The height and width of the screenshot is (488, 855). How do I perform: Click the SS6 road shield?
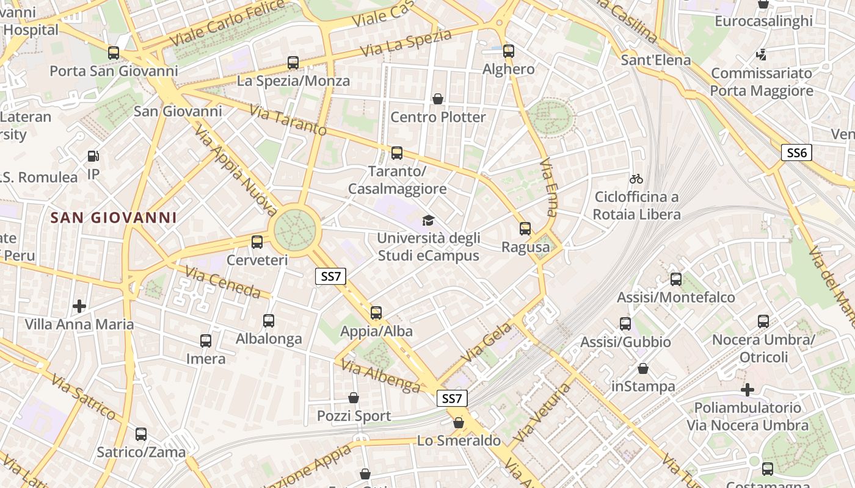(x=797, y=152)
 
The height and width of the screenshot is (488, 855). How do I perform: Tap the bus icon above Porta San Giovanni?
(x=114, y=53)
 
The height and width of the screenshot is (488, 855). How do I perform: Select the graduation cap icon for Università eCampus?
(x=428, y=220)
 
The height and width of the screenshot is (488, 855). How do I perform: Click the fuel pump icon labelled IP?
(x=93, y=157)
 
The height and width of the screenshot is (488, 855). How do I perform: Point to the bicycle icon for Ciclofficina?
(x=636, y=179)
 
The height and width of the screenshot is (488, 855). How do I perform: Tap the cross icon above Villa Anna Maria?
(x=79, y=306)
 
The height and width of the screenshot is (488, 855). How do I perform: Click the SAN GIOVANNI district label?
(x=114, y=218)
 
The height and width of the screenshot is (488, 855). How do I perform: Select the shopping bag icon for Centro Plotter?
(x=438, y=99)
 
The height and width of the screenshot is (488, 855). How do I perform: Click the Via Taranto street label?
(x=288, y=120)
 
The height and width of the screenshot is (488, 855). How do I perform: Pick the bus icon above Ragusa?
(x=525, y=229)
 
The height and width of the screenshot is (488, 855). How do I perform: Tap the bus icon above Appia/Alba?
(x=376, y=313)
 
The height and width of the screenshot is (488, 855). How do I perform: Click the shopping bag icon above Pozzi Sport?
(x=354, y=398)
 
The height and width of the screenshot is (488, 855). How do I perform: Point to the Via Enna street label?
(x=548, y=187)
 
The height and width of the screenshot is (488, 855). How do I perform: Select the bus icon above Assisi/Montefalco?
(x=676, y=279)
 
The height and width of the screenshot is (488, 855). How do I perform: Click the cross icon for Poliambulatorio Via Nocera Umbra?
(x=748, y=389)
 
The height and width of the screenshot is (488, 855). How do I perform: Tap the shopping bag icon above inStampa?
(x=643, y=368)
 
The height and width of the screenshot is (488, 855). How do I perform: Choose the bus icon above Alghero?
(x=509, y=51)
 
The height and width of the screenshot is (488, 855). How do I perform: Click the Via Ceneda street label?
(x=222, y=282)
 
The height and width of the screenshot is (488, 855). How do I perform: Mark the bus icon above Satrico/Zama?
(x=141, y=434)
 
